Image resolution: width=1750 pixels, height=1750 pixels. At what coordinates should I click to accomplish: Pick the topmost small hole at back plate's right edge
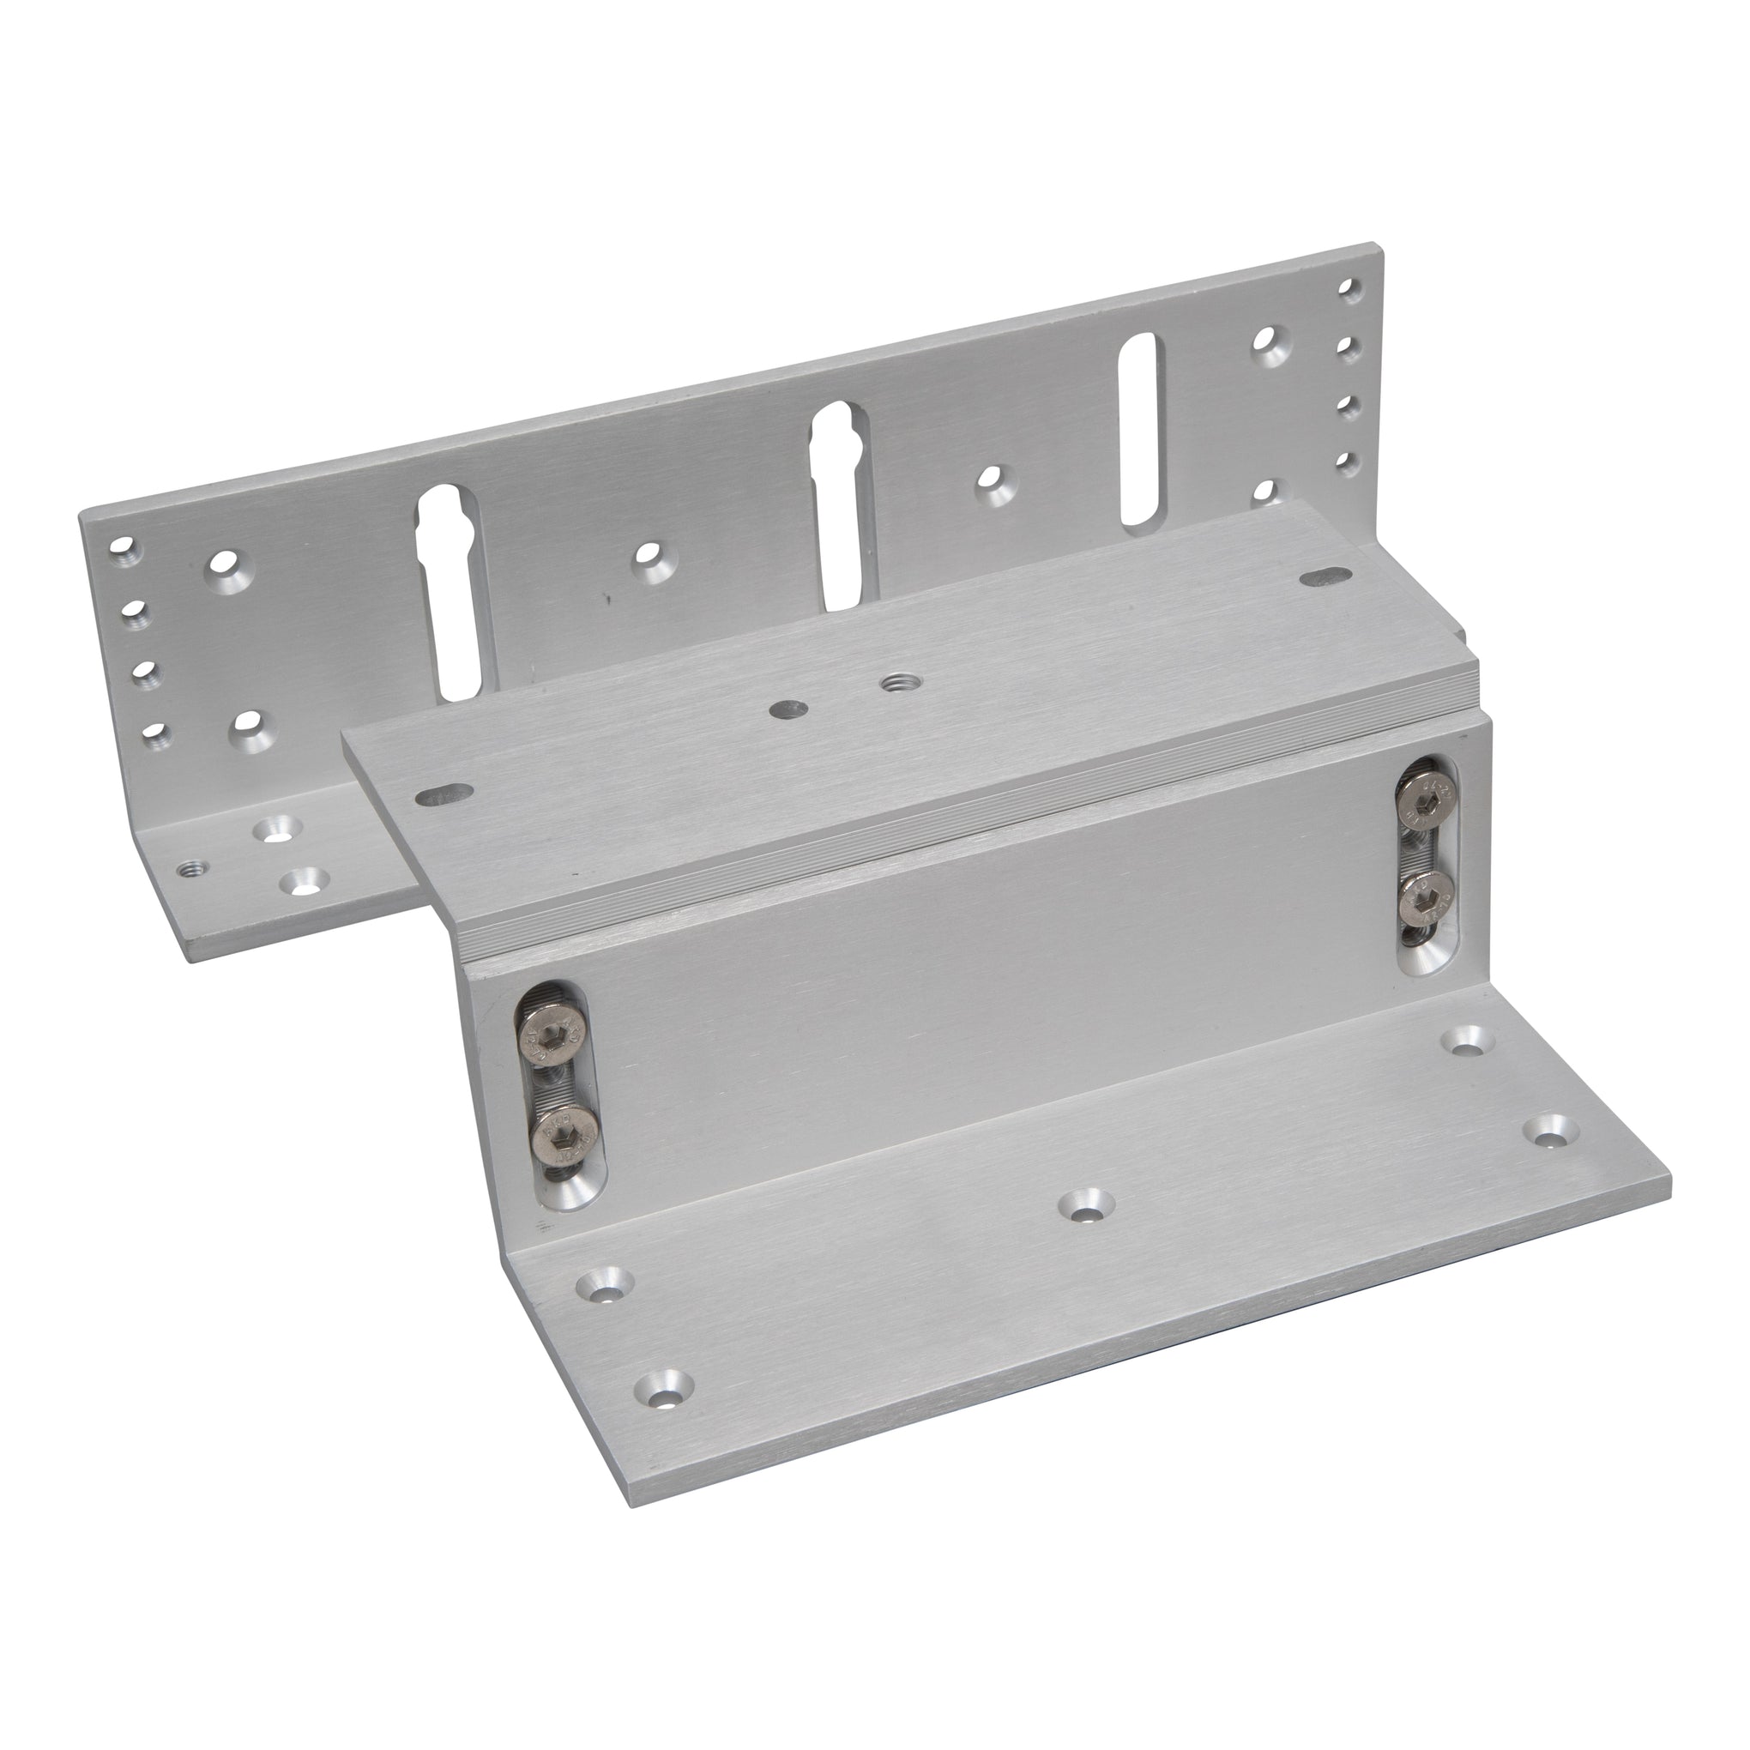(1349, 289)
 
